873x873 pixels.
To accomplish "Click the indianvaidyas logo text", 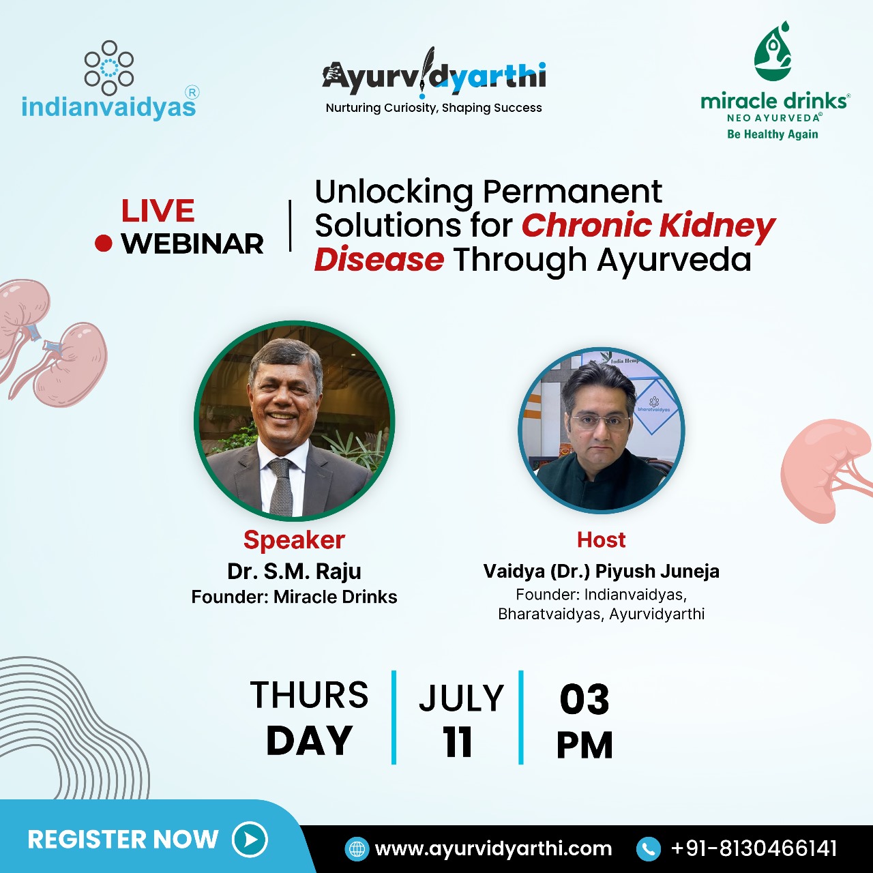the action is [108, 107].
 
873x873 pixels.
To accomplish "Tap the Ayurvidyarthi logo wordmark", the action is [434, 75].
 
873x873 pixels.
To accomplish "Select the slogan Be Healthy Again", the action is [773, 134].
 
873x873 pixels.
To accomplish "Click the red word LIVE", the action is [158, 211].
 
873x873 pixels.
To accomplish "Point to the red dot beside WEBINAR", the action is [103, 243].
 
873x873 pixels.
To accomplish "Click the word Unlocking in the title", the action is [394, 192].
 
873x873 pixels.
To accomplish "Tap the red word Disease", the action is [379, 260].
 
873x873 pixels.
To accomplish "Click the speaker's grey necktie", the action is [281, 487].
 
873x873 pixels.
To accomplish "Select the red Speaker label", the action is [294, 540].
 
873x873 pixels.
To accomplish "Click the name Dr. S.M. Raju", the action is [294, 572].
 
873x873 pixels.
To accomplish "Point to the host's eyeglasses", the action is [601, 422].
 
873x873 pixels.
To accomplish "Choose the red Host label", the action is [601, 540].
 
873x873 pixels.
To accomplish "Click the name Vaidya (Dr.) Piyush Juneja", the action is [601, 572].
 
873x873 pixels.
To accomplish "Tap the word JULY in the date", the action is [461, 698].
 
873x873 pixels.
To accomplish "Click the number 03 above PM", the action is [585, 700].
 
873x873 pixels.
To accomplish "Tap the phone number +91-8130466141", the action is [754, 848].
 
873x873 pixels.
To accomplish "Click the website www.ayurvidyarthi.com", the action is [493, 849].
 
